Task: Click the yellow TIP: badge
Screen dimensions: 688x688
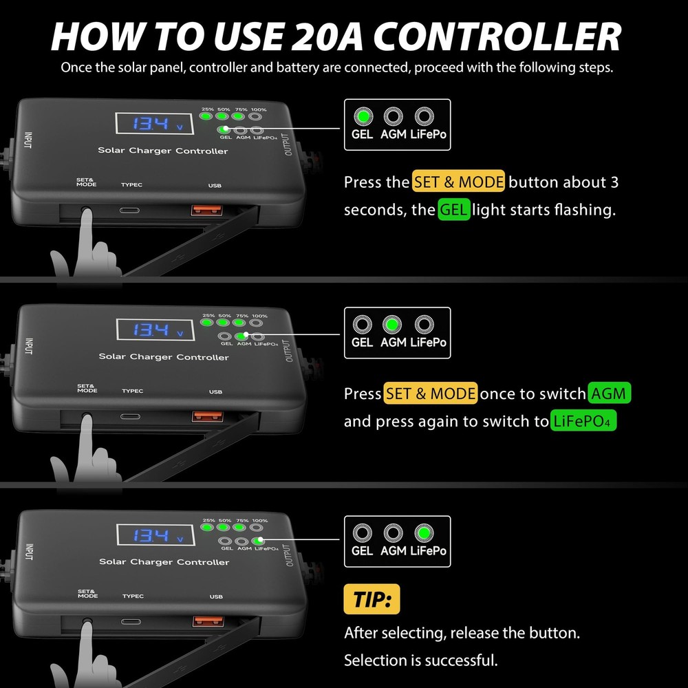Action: click(x=372, y=599)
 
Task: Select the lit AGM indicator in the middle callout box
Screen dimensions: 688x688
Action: click(x=393, y=324)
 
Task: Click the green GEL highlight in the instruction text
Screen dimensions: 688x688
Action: click(x=454, y=209)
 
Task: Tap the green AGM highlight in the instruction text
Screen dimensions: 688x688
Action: click(x=610, y=394)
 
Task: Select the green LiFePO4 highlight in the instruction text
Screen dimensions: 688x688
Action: click(x=583, y=420)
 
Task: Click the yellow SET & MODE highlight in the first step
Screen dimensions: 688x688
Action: click(x=458, y=182)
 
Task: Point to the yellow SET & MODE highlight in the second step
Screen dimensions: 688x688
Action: click(x=430, y=394)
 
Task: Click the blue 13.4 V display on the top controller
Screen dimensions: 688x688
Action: click(x=153, y=124)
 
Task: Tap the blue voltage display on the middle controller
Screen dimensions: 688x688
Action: click(x=153, y=330)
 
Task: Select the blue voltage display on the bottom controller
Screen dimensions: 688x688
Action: click(x=153, y=535)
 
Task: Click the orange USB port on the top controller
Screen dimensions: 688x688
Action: click(x=206, y=208)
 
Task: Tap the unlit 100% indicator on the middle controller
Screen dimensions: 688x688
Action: click(x=257, y=321)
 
